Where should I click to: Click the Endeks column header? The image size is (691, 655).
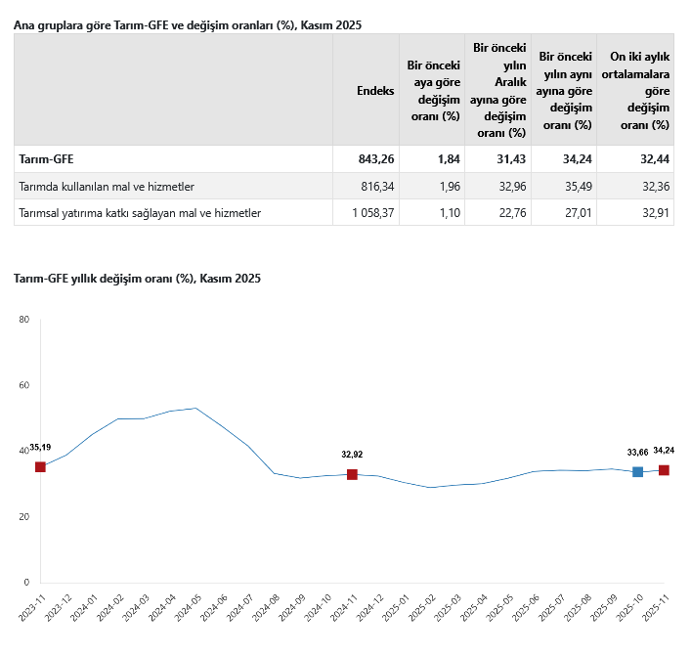point(375,90)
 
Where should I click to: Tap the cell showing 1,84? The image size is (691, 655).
point(443,159)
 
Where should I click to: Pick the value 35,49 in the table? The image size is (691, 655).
point(576,186)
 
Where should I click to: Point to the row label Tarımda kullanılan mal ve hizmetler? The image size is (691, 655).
point(108,186)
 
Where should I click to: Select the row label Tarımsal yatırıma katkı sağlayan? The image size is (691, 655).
point(140,212)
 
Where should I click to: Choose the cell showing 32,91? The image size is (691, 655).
point(652,212)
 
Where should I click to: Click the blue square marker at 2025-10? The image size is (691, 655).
point(638,471)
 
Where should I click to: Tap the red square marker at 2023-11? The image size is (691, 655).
point(40,467)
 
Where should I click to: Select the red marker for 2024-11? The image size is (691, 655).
point(352,474)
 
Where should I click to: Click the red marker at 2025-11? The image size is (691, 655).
point(664,470)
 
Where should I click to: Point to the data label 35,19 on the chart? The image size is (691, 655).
point(40,447)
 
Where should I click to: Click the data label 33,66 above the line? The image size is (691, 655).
point(637,452)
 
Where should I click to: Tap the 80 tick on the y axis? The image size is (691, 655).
point(24,320)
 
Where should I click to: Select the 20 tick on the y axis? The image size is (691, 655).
point(24,516)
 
